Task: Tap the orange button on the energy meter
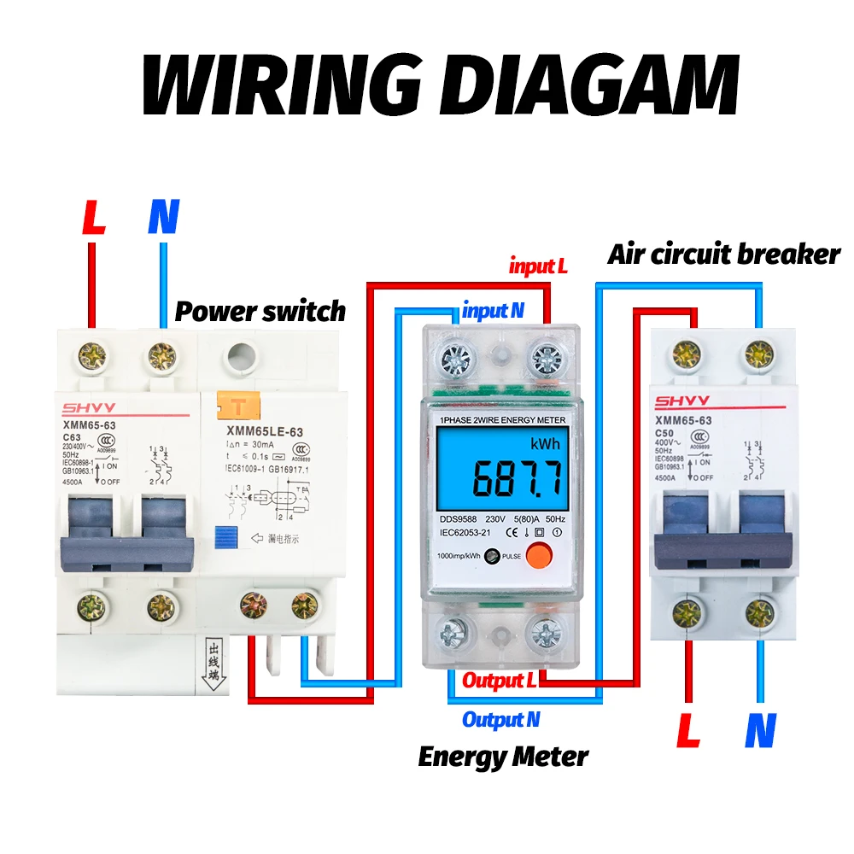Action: tap(537, 556)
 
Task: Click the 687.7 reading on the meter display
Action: tap(518, 479)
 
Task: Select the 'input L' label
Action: tap(538, 266)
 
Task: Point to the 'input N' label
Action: tap(493, 311)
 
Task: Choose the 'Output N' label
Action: tap(500, 720)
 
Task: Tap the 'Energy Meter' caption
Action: tap(503, 757)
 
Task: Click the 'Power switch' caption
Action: tap(260, 311)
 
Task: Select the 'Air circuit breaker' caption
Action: tap(723, 254)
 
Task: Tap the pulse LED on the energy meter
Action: tap(491, 556)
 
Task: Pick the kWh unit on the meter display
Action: tap(545, 445)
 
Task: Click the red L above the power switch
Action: tap(93, 219)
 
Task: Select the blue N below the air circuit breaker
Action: tap(759, 731)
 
